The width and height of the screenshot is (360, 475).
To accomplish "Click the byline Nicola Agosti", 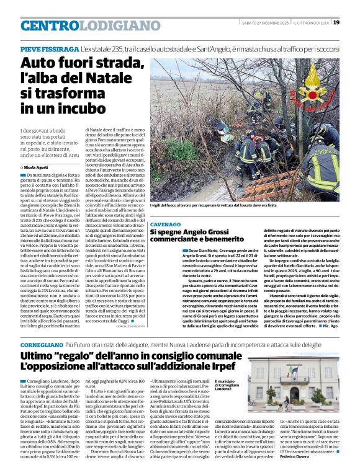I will [39, 167].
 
